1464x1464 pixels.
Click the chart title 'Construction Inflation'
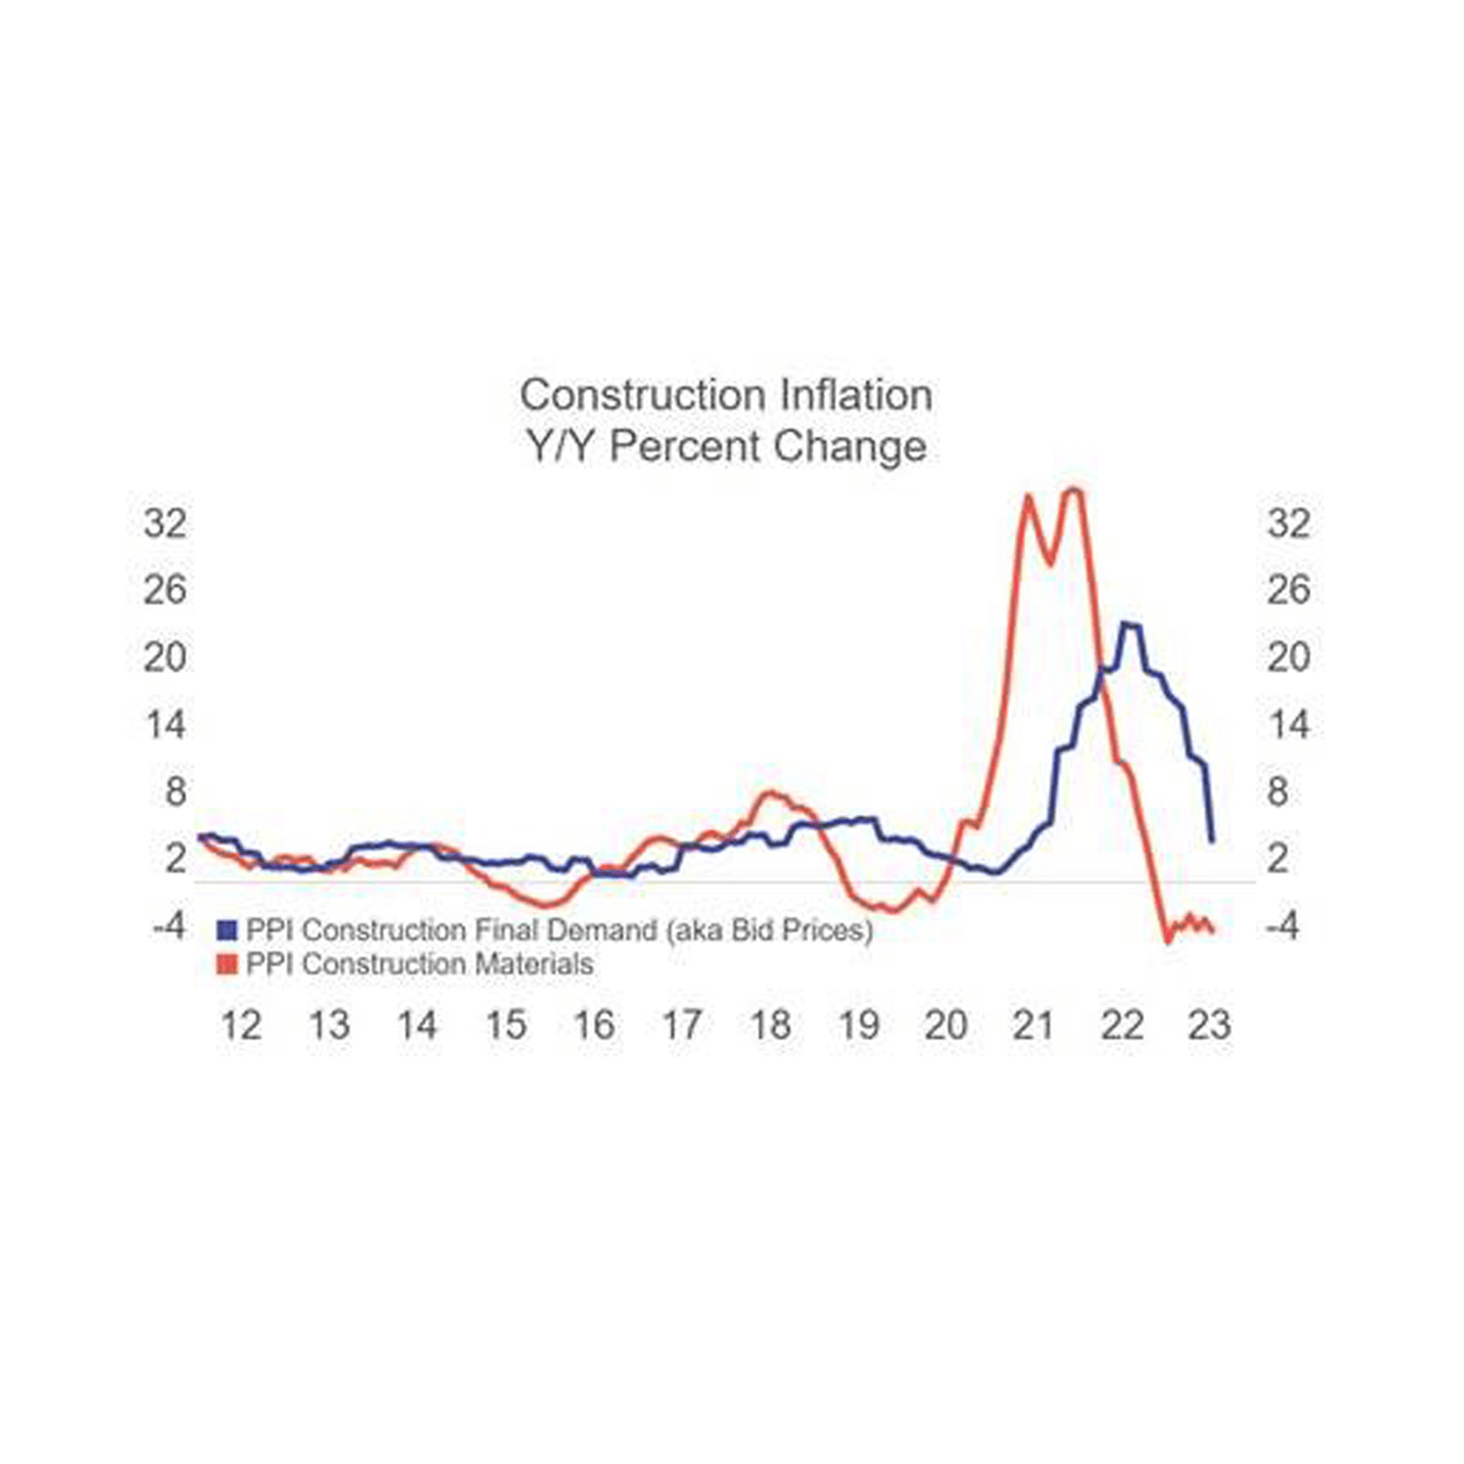(x=725, y=395)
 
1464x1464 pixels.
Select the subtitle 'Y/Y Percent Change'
(x=725, y=446)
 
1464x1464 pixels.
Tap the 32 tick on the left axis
(x=165, y=524)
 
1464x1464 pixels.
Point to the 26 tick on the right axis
(x=1287, y=590)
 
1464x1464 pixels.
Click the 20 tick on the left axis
(x=165, y=658)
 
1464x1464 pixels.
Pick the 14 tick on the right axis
(x=1288, y=725)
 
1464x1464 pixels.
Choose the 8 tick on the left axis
(x=175, y=792)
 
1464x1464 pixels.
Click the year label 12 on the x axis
(x=241, y=1025)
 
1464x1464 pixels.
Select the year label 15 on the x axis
(x=506, y=1025)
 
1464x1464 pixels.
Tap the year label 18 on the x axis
(x=771, y=1025)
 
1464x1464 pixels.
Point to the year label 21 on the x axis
(x=1034, y=1025)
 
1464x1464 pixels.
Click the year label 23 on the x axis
(x=1209, y=1025)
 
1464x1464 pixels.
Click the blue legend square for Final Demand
(x=227, y=930)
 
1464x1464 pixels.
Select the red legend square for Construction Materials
(x=227, y=964)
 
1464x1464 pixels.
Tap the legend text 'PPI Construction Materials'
(x=419, y=964)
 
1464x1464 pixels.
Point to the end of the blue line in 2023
(x=1211, y=841)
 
